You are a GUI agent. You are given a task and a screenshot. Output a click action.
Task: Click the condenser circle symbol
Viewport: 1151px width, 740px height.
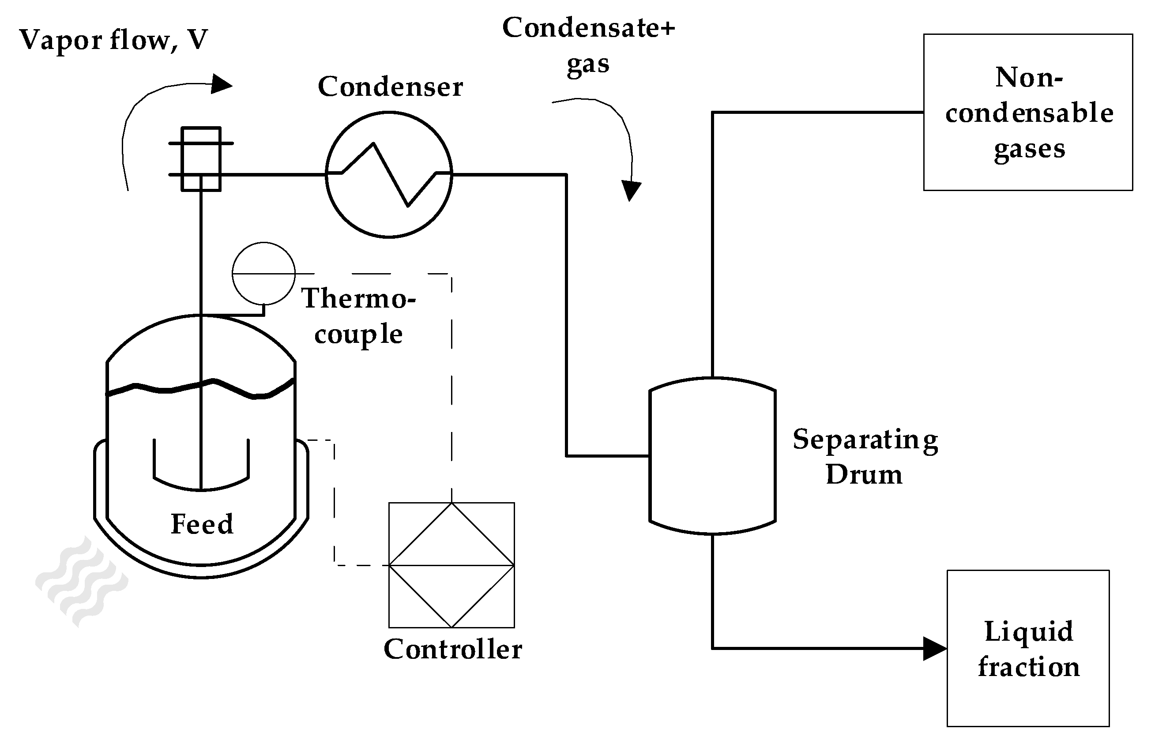pos(388,174)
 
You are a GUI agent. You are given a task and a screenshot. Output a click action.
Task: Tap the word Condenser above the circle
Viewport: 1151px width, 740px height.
pos(390,87)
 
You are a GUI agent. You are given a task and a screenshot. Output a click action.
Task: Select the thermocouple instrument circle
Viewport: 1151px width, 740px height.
pos(263,274)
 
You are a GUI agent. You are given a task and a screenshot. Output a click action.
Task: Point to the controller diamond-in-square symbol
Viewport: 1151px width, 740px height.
pos(451,565)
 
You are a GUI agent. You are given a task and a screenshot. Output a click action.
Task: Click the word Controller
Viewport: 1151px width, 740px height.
pos(453,650)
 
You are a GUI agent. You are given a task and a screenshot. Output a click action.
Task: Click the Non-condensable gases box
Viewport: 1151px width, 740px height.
pos(1028,113)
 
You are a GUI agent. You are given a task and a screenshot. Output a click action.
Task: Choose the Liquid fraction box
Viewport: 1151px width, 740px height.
pos(1028,648)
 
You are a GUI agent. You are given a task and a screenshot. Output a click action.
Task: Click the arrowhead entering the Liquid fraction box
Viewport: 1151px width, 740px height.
pos(935,649)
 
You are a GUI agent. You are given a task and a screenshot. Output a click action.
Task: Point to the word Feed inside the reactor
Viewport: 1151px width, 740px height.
pos(202,524)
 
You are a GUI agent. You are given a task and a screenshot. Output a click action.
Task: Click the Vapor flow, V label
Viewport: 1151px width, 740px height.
pos(113,40)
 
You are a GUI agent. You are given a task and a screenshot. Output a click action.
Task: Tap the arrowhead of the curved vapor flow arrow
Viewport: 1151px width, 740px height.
pos(222,84)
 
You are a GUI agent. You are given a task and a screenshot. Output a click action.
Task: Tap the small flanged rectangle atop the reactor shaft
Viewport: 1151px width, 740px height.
pos(201,159)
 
